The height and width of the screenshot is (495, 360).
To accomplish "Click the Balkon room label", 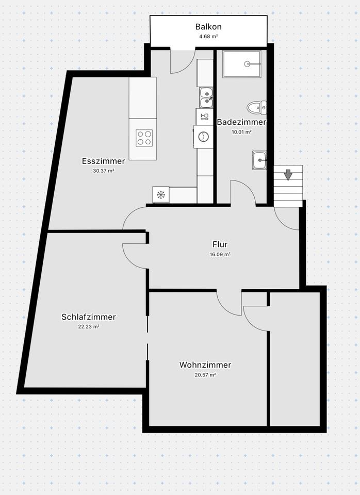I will [208, 26].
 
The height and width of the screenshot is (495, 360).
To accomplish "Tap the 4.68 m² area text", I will [208, 37].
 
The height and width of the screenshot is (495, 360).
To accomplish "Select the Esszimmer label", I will [104, 161].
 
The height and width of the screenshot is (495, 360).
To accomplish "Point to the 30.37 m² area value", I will [104, 171].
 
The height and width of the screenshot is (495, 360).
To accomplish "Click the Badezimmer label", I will [241, 122].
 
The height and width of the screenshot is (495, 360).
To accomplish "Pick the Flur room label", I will [220, 244].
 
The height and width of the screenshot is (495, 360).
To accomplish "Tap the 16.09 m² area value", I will [220, 254].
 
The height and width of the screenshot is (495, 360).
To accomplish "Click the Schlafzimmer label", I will [89, 317].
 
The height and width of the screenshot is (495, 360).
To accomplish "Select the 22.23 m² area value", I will [89, 326].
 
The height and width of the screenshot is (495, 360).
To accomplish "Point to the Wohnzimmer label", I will [205, 365].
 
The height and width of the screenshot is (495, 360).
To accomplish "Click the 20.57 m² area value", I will [205, 375].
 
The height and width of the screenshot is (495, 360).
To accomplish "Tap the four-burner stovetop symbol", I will [144, 137].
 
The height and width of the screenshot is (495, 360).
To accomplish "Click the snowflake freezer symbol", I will [161, 194].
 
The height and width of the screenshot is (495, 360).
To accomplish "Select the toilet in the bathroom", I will [256, 107].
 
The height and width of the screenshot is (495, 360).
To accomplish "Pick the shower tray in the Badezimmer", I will [242, 64].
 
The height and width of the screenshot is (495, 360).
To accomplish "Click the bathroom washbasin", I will [259, 160].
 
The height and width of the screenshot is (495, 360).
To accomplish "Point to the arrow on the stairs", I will [288, 175].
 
